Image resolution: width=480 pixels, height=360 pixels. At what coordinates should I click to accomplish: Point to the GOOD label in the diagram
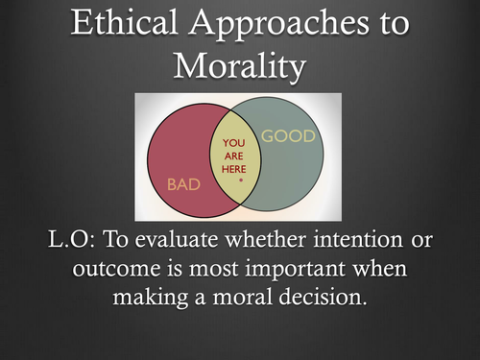(288, 136)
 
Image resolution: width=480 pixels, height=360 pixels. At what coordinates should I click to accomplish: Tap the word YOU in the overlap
(234, 143)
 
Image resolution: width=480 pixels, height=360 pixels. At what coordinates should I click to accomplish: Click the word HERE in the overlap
(234, 168)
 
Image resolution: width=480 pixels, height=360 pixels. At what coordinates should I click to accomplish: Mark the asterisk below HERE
(235, 179)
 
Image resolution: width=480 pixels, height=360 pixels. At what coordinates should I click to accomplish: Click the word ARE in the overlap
(234, 156)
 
